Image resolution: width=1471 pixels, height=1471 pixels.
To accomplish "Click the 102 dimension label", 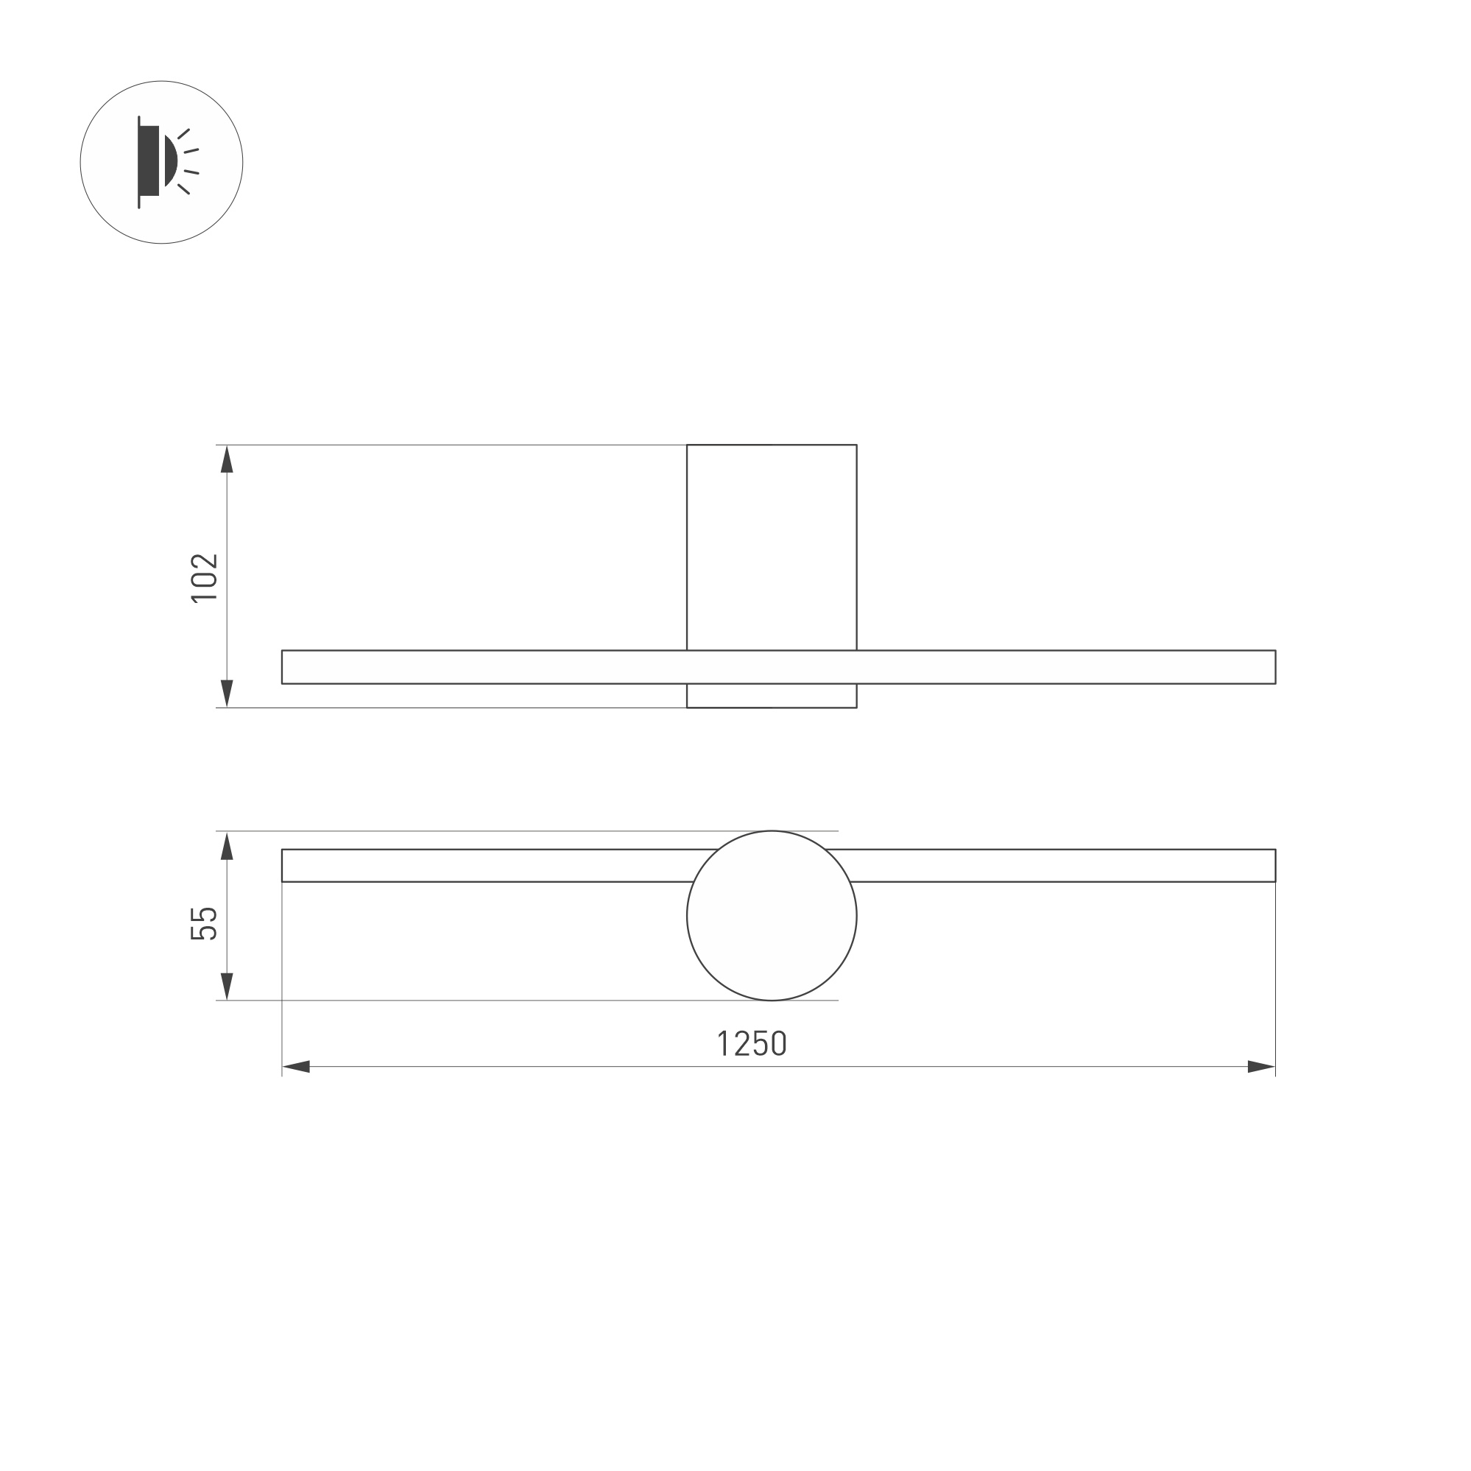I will point(204,577).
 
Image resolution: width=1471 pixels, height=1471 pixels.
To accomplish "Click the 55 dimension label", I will point(204,923).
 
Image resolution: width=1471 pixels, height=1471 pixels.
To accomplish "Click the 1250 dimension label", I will point(752,1043).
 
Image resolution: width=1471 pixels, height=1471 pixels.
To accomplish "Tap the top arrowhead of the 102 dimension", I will point(227,459).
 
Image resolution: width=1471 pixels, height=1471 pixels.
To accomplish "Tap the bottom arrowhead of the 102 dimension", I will point(227,693).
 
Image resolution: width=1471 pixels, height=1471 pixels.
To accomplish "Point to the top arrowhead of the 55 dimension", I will point(227,846).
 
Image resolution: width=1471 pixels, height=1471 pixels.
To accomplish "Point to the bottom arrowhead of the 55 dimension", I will point(227,986).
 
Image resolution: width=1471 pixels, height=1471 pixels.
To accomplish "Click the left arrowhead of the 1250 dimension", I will point(296,1067).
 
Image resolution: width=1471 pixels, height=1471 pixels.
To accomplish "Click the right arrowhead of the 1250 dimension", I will point(1261,1067).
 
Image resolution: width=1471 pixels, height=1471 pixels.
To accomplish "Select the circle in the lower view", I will point(772,916).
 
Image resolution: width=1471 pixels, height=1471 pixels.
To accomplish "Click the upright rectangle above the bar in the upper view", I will point(772,547).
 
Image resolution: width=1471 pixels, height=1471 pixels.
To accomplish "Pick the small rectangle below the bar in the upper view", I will point(772,696).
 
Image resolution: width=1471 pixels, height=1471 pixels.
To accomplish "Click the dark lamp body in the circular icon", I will point(149,160).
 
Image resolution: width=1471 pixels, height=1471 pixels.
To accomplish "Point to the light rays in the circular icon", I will point(188,161).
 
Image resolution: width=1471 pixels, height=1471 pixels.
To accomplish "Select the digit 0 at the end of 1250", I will point(779,1043).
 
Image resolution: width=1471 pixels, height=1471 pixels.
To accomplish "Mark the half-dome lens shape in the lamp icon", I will point(171,160).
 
